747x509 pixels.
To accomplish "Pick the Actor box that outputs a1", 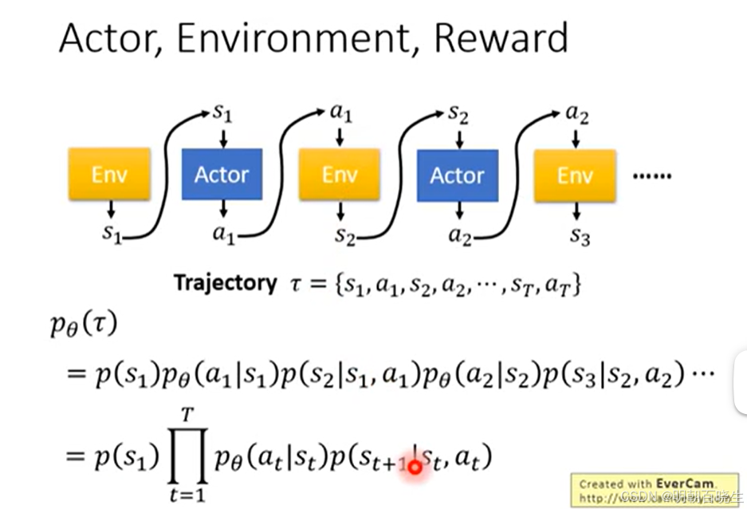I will pyautogui.click(x=222, y=174).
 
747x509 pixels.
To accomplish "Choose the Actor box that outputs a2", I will pyautogui.click(x=457, y=174).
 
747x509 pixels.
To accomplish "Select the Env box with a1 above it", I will pyautogui.click(x=339, y=174).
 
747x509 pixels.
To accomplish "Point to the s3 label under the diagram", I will pyautogui.click(x=580, y=235).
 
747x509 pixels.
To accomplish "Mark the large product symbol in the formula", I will pyautogui.click(x=188, y=456).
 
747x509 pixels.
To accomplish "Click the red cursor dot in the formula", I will pyautogui.click(x=415, y=466).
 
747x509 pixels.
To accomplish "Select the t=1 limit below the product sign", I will pyautogui.click(x=188, y=494).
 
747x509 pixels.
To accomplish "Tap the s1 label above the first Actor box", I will pyautogui.click(x=222, y=112).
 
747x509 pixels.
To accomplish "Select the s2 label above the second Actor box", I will pyautogui.click(x=458, y=112).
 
